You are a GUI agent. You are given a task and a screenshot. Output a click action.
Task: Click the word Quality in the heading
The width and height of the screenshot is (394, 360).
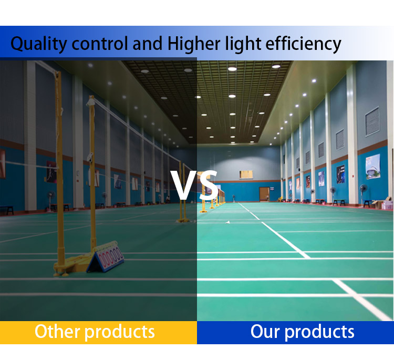(39, 44)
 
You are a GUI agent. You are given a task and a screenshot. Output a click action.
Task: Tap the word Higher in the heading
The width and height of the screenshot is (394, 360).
(194, 44)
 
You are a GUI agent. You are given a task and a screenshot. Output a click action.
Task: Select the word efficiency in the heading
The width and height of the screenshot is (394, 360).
(303, 44)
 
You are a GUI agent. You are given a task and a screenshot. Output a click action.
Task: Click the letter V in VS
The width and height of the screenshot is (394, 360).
(182, 185)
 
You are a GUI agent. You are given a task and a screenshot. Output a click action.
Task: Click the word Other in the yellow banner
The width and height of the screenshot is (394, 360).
(57, 331)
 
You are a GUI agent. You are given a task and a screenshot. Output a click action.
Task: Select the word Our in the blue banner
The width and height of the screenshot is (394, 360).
(265, 332)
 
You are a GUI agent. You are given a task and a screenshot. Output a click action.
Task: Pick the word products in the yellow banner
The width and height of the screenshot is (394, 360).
(120, 332)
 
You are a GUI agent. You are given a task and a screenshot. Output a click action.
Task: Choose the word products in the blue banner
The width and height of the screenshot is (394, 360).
(319, 332)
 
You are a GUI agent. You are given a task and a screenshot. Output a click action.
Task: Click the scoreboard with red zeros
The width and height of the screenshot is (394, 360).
(106, 257)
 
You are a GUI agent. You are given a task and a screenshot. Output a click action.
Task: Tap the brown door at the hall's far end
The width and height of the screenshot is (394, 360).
(264, 194)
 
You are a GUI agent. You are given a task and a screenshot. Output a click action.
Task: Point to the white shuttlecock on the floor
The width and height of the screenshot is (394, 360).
(227, 223)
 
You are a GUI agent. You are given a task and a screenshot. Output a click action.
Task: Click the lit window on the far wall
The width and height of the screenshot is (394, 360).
(246, 174)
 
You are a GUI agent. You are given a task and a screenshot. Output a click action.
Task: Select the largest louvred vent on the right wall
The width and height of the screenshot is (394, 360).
(372, 121)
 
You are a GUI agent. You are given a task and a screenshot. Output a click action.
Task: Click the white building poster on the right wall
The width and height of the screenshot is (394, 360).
(373, 167)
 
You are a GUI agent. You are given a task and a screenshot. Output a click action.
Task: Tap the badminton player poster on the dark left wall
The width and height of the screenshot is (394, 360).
(51, 172)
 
